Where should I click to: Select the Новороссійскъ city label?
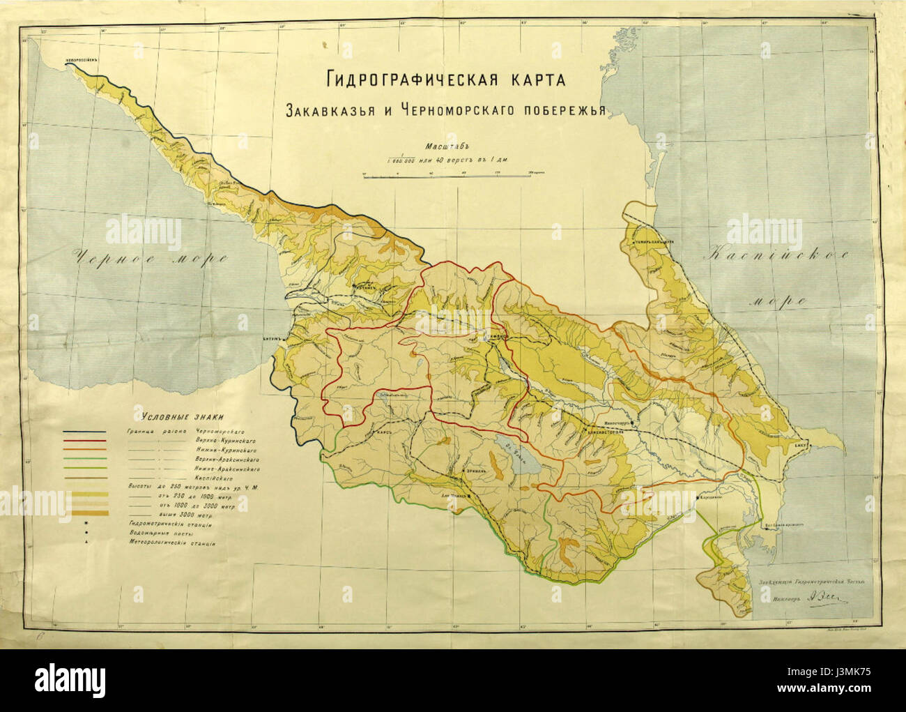(x=79, y=60)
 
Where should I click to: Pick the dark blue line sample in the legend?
(x=85, y=432)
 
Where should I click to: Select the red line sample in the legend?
(x=85, y=442)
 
